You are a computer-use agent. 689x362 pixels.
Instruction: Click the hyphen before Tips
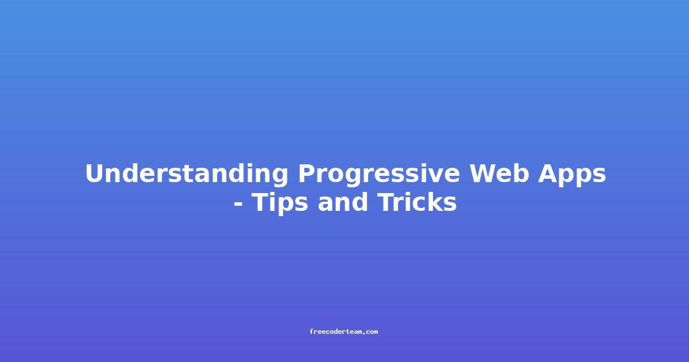(238, 203)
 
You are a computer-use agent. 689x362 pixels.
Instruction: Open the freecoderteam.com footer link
(344, 332)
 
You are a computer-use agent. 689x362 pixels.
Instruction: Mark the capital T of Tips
(260, 202)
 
